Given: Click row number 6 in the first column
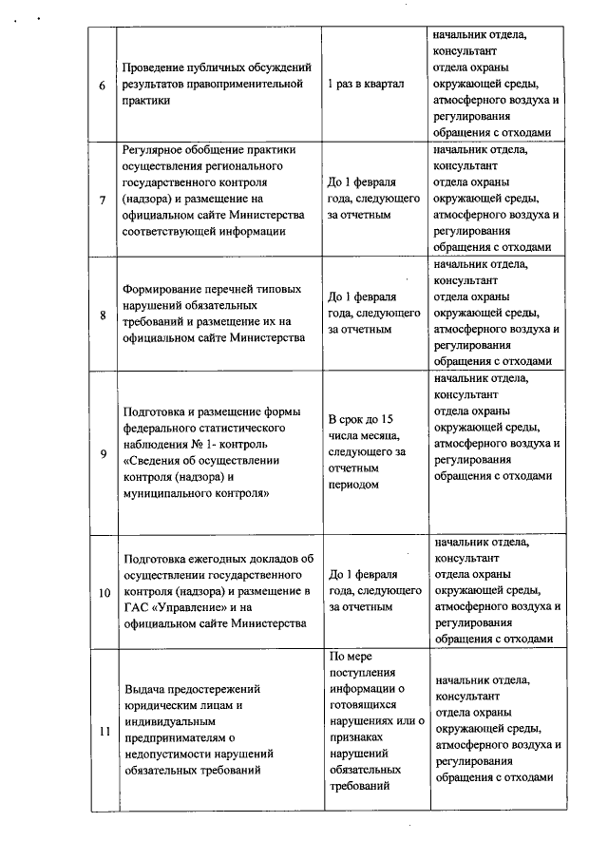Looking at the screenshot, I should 103,85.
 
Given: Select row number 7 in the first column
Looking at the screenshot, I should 103,200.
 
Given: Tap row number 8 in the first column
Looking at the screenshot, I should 103,315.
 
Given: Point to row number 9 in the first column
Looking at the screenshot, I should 103,453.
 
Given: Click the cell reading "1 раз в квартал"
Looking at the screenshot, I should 366,85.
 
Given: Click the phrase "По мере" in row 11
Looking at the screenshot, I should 350,657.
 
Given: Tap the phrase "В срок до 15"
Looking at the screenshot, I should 361,419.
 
